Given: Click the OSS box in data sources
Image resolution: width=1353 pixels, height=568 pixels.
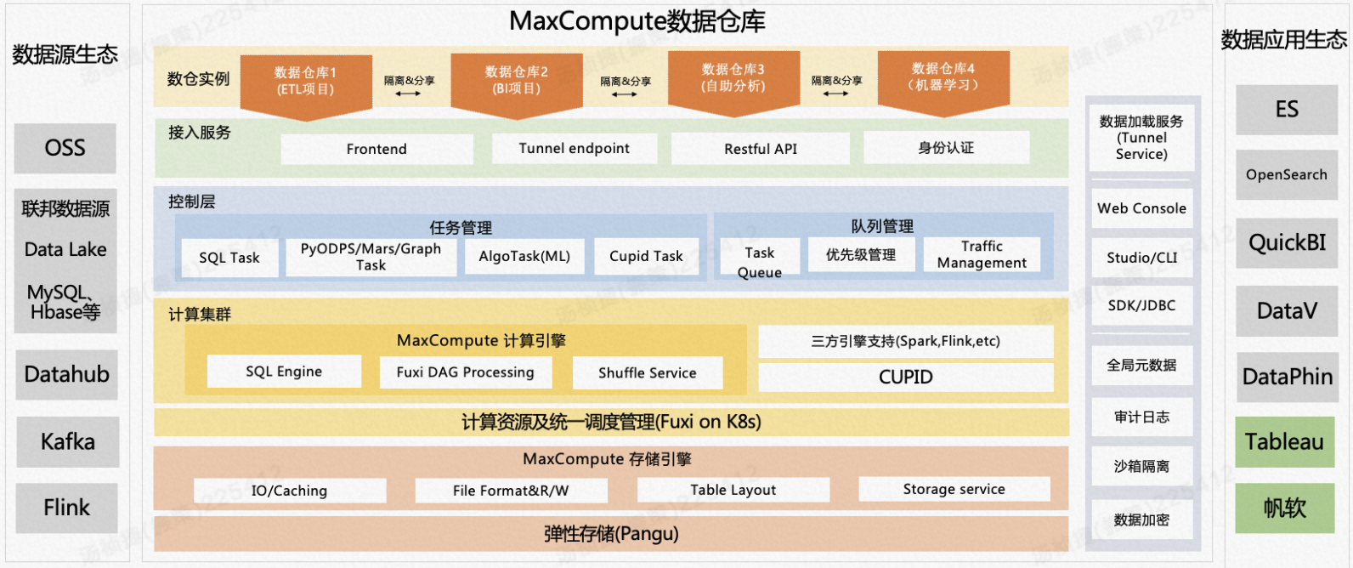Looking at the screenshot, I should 65,148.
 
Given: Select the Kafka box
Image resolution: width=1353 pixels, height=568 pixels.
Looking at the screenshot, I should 67,441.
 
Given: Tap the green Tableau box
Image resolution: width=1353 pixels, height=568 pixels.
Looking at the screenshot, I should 1285,441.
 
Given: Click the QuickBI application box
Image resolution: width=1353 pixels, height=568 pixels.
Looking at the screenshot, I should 1287,243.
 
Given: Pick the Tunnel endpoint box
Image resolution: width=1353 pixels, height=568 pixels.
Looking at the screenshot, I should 575,149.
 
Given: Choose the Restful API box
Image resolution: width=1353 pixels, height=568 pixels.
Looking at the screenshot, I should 761,149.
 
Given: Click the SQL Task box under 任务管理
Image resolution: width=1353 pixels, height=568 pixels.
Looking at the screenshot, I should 229,258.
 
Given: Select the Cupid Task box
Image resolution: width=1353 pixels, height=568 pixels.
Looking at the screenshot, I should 646,256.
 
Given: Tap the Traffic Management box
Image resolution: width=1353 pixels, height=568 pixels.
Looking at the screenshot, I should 982,254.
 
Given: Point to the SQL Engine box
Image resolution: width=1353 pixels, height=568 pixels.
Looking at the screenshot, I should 284,372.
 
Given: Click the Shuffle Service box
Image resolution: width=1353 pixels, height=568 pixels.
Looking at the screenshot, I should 648,372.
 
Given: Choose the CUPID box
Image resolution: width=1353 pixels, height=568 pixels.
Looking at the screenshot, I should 906,377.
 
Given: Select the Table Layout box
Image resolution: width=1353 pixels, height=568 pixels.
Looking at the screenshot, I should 733,490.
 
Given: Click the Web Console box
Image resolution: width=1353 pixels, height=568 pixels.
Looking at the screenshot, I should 1141,208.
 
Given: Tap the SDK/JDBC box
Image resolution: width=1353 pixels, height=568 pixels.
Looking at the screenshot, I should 1141,305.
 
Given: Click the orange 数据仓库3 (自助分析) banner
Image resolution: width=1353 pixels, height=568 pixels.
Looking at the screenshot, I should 733,79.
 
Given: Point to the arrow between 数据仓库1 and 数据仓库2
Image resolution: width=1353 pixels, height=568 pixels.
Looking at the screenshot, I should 409,94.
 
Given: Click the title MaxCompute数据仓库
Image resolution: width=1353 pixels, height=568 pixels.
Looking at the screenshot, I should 637,21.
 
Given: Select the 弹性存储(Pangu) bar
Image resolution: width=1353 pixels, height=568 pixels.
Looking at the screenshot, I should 611,534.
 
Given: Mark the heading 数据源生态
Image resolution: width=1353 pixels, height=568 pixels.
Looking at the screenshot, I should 65,54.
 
